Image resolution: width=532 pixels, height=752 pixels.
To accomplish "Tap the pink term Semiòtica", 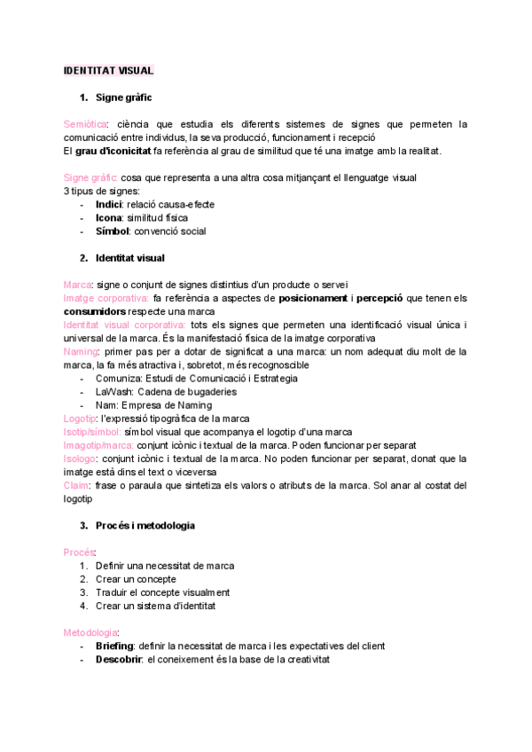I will click(86, 124).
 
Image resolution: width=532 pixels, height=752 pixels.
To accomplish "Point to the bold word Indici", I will click(109, 204).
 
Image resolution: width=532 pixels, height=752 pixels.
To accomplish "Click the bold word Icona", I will click(109, 217).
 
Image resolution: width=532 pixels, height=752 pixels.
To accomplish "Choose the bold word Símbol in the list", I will click(112, 231).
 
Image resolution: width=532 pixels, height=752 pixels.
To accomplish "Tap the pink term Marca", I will click(78, 285).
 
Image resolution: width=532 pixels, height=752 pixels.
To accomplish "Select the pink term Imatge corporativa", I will click(106, 298).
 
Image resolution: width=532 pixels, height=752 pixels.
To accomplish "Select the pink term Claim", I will click(76, 485).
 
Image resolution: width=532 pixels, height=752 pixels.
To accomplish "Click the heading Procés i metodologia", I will click(145, 525).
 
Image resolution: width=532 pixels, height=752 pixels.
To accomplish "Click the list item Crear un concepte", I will click(136, 579).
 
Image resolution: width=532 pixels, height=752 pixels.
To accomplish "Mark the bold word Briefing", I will click(113, 646).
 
